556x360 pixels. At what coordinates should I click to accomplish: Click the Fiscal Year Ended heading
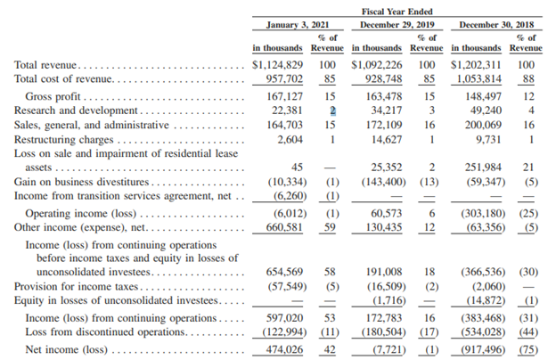click(397, 12)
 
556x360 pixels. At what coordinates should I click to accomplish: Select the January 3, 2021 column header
click(298, 25)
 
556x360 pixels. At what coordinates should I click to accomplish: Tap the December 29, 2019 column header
click(397, 25)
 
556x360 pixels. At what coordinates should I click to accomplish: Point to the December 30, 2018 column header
click(496, 25)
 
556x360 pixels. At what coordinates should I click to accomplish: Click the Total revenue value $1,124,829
click(278, 65)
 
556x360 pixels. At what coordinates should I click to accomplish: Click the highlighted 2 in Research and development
click(332, 110)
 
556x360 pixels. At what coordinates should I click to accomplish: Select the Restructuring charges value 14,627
click(387, 139)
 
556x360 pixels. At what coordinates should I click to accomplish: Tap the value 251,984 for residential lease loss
click(483, 168)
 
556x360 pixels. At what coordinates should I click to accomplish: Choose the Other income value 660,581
click(284, 227)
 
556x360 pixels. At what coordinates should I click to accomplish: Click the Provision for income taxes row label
click(76, 286)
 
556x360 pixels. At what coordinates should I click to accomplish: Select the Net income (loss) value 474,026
click(285, 349)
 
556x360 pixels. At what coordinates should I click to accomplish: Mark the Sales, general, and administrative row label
click(92, 126)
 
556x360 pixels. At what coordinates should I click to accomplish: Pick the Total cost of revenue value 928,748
click(384, 78)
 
